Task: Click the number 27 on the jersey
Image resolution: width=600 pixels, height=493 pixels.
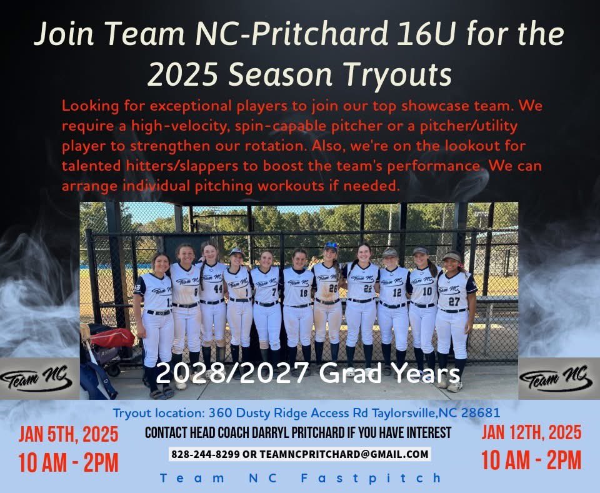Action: [x=454, y=300]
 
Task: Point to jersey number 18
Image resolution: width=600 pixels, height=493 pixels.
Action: [x=303, y=292]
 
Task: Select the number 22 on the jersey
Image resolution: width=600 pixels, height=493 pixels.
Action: [x=367, y=288]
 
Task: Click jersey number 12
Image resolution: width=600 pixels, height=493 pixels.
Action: [x=397, y=292]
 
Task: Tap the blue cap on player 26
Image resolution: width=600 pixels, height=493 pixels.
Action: [x=331, y=246]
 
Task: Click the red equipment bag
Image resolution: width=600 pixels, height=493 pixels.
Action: [x=112, y=337]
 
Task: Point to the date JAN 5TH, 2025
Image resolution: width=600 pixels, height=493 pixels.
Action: [x=68, y=434]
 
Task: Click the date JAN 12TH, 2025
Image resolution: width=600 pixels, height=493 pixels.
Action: [x=531, y=432]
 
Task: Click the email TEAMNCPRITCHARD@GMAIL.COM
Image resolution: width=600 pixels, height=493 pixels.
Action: [x=344, y=454]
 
